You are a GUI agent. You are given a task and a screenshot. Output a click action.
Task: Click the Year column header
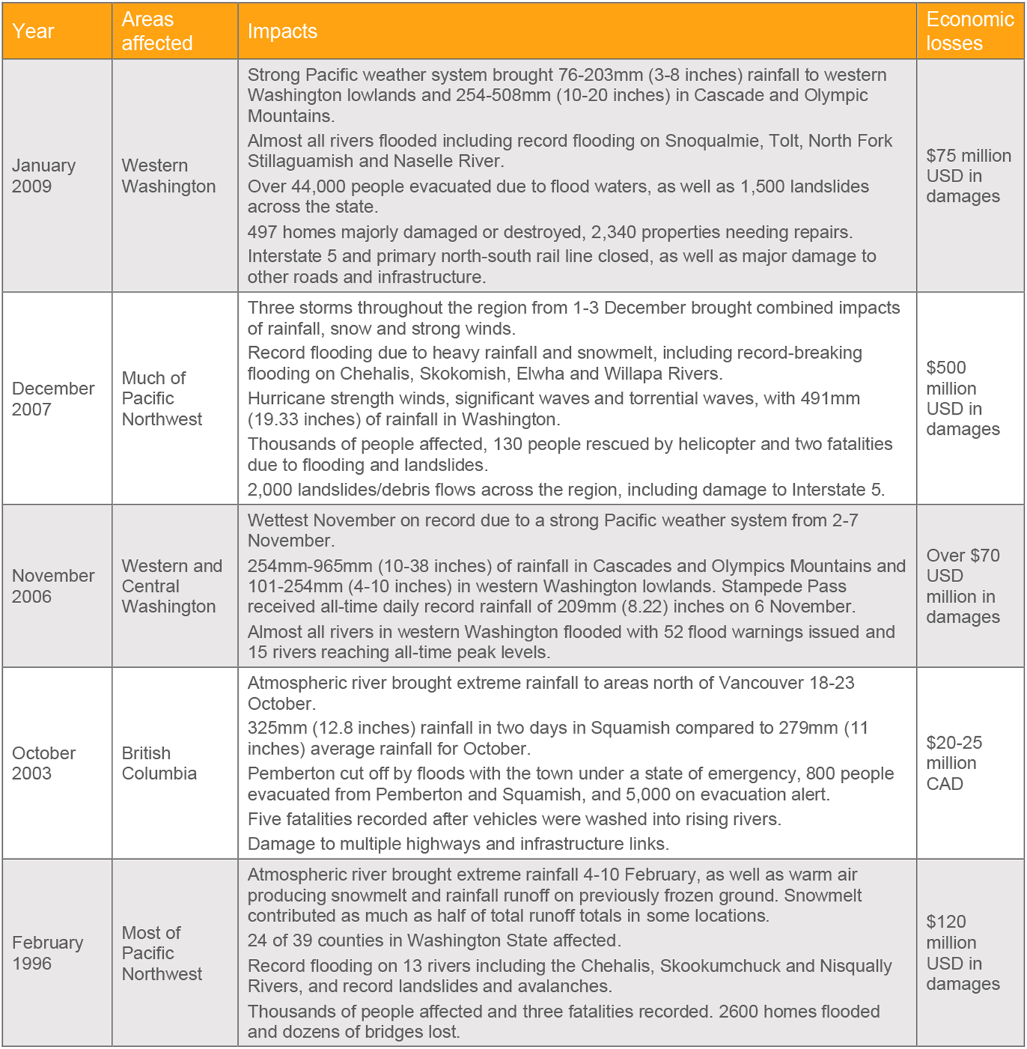(x=33, y=31)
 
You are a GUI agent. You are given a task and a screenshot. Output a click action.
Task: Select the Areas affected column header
(x=157, y=31)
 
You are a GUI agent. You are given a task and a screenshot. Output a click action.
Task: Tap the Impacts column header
(x=283, y=31)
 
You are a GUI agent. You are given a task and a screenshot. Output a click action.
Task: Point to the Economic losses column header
(x=970, y=31)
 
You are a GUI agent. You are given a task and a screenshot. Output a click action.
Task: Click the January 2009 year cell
(x=43, y=176)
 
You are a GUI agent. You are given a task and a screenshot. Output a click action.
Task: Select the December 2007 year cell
(x=53, y=399)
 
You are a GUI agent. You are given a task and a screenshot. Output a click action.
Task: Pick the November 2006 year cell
(x=53, y=586)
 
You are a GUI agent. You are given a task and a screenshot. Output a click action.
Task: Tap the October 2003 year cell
(x=43, y=763)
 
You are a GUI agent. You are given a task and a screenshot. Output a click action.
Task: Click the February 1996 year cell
(x=47, y=953)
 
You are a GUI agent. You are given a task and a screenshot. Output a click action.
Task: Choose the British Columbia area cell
(x=159, y=763)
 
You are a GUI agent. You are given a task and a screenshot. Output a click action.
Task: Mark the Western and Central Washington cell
(x=172, y=586)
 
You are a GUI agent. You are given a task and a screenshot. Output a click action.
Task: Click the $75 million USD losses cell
(x=968, y=176)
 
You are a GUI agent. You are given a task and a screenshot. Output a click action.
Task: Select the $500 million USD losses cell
(x=963, y=399)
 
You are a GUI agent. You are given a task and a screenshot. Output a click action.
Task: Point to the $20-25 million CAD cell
(x=954, y=763)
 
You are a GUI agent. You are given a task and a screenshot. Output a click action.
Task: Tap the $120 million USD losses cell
(x=963, y=953)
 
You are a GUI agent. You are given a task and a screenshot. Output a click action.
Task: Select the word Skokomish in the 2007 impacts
(x=463, y=374)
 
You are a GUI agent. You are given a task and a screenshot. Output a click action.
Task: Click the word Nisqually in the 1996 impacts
(x=855, y=966)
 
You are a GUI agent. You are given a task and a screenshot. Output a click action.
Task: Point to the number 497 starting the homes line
(x=262, y=232)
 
